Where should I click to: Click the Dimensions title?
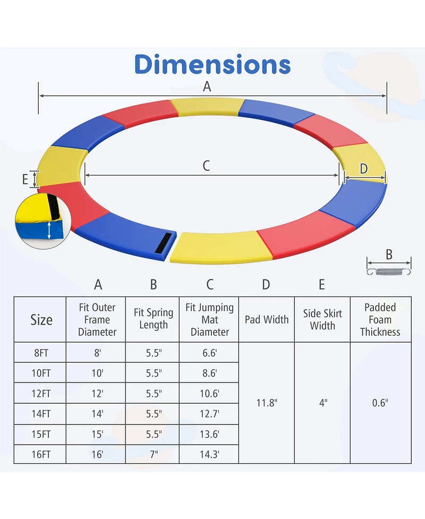[x=212, y=64]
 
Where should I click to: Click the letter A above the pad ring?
[x=207, y=87]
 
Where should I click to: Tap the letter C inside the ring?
[x=207, y=166]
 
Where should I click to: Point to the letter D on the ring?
[x=364, y=169]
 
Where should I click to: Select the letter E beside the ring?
[x=25, y=179]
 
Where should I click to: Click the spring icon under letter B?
[x=389, y=272]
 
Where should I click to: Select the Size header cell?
[x=41, y=320]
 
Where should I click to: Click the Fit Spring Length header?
[x=154, y=319]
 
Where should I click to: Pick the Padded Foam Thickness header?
[x=380, y=320]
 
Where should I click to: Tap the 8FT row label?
[x=41, y=353]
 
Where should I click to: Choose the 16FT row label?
[x=41, y=454]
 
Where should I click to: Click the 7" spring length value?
[x=154, y=454]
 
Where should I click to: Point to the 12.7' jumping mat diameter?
[x=210, y=413]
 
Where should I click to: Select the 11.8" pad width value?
[x=267, y=403]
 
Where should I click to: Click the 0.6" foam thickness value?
[x=380, y=403]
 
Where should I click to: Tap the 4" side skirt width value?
[x=322, y=403]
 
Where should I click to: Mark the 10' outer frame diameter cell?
[x=97, y=373]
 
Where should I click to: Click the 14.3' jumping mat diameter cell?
[x=210, y=454]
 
